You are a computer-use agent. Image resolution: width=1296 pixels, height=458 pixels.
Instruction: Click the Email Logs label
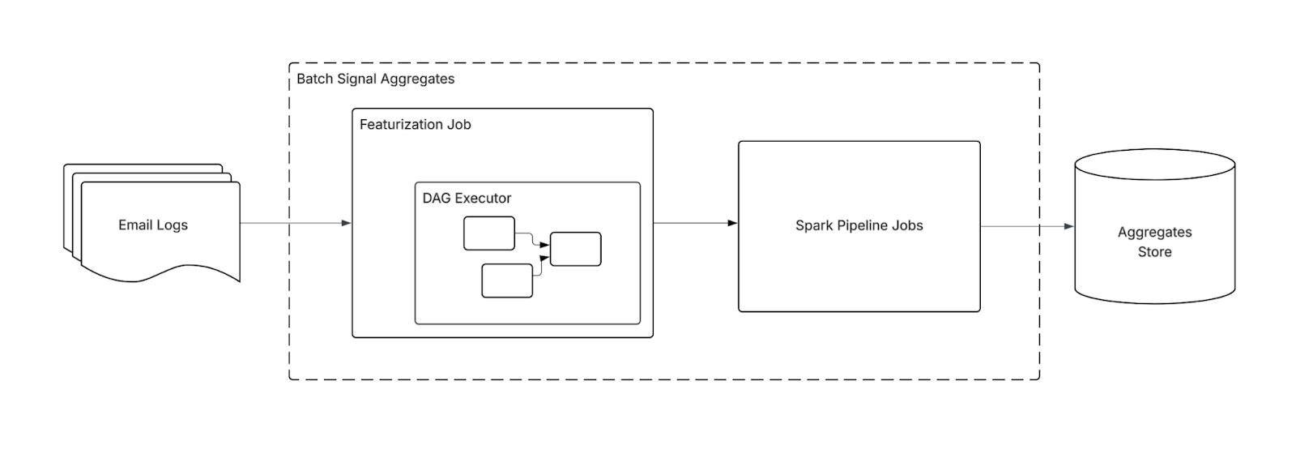coord(153,225)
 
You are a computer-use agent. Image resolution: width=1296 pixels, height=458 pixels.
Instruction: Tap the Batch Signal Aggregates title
coord(376,79)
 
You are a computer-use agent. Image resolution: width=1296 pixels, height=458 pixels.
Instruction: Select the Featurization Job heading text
coord(415,125)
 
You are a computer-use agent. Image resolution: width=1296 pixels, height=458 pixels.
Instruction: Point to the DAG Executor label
coord(467,198)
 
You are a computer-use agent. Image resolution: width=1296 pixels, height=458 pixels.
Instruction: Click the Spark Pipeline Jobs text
coord(859,226)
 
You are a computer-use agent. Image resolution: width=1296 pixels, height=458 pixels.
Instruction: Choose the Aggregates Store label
coord(1154,242)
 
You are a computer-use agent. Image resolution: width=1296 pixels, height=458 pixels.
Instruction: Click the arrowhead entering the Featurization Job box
coord(347,223)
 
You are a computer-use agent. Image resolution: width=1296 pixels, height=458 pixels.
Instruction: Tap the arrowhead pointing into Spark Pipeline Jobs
coord(732,223)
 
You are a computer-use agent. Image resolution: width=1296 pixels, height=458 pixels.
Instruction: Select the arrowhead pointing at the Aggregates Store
coord(1069,226)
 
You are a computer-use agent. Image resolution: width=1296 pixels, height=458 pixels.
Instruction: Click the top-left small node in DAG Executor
coord(489,233)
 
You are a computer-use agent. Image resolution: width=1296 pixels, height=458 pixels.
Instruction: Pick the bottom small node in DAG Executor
coord(507,280)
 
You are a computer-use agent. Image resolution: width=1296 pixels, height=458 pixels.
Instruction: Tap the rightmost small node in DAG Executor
coord(575,249)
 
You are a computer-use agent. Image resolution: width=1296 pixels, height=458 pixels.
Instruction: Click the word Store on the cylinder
coord(1154,252)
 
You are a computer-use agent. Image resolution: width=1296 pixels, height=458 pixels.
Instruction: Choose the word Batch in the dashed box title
coord(314,79)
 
